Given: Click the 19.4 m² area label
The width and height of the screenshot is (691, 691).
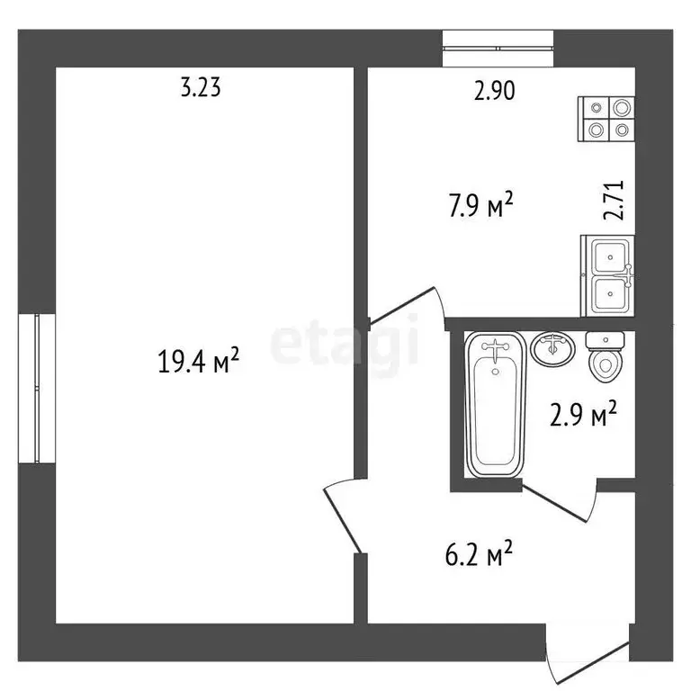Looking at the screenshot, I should pos(198,362).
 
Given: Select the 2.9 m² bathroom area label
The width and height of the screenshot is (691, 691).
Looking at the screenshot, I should pos(584,415).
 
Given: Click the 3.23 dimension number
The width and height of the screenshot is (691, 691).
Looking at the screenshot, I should pos(201,88).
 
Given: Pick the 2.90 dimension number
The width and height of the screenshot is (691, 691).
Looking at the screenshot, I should pos(494,90).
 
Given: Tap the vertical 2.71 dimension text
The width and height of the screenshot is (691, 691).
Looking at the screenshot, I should pos(615,201).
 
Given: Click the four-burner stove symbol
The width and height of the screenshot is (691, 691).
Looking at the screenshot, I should pos(608,119).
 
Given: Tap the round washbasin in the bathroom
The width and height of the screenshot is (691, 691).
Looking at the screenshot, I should pos(552,348).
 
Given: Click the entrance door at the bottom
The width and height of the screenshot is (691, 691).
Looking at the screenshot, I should pos(585,657).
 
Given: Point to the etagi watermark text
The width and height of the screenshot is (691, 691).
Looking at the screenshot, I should pos(345,342).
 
